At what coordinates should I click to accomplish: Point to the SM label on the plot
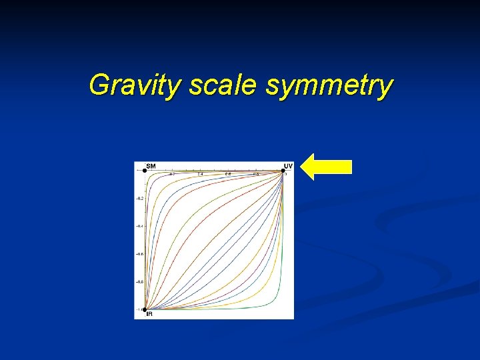click(151, 165)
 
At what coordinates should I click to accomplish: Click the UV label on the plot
click(288, 165)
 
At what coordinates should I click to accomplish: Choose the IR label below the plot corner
click(149, 314)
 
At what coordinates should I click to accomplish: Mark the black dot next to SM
click(145, 171)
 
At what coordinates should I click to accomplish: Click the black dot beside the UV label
click(283, 171)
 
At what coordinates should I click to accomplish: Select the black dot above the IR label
click(145, 309)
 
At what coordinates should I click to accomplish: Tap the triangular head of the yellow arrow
click(309, 167)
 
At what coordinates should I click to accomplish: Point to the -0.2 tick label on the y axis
click(139, 199)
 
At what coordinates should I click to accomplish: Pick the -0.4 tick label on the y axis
click(139, 226)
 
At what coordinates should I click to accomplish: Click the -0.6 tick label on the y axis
click(139, 254)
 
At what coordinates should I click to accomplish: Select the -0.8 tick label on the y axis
click(139, 282)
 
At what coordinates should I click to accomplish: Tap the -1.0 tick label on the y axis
click(139, 309)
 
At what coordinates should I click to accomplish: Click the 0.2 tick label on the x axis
click(172, 174)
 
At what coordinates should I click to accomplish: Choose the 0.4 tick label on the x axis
click(200, 174)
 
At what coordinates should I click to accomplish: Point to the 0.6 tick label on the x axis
click(228, 174)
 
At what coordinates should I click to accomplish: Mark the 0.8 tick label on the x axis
click(256, 174)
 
